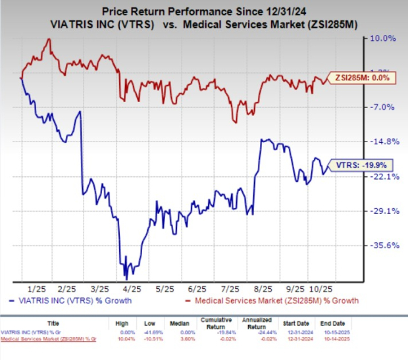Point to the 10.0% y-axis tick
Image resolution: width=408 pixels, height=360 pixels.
pos(382,39)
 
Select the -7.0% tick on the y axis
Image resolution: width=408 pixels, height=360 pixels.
pos(382,107)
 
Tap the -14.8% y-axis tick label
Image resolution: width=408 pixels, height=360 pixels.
pos(382,141)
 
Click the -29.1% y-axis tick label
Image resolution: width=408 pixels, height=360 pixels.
pos(382,211)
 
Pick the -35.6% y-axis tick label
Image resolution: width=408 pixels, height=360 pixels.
pos(382,245)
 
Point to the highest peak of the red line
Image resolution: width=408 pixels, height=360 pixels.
pos(49,39)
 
